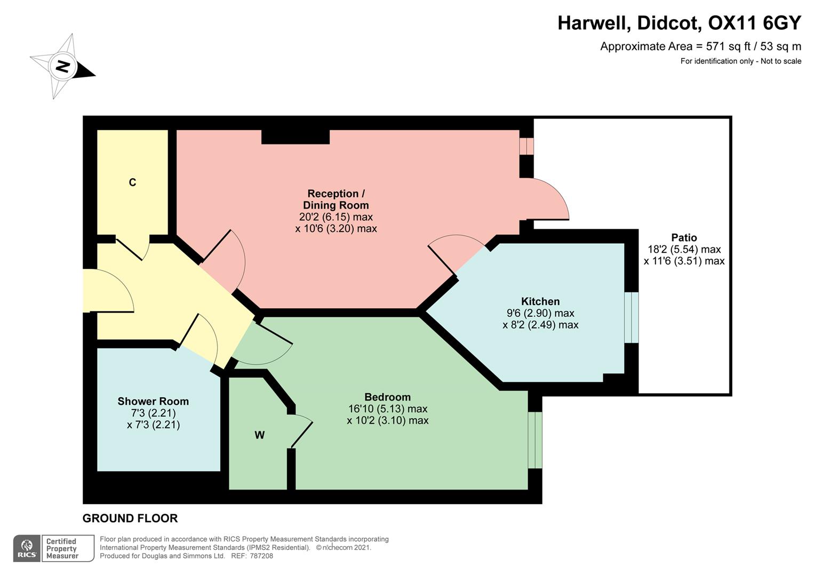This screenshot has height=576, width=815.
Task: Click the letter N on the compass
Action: coord(63,67)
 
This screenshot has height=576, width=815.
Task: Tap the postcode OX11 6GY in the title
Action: coord(754,23)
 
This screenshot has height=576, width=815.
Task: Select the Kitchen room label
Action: coord(540,301)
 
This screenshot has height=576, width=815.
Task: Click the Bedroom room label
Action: coord(387,397)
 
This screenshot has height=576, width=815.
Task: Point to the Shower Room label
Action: coord(153,401)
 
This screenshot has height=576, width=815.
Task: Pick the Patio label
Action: coord(684,237)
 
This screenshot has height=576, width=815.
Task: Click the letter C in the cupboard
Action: coord(132,182)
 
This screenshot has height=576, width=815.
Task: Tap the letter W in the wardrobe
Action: coord(259,435)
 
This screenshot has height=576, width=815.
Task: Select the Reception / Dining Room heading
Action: coord(335,199)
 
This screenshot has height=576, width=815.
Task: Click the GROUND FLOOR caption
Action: coord(130,518)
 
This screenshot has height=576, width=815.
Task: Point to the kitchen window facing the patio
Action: coord(631,317)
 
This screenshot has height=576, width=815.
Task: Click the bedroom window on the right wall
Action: coord(534,440)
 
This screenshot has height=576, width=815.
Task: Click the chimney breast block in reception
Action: coord(295,137)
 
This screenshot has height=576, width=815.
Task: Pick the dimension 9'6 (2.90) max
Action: coord(540,313)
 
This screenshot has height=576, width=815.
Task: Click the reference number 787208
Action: coord(261,556)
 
